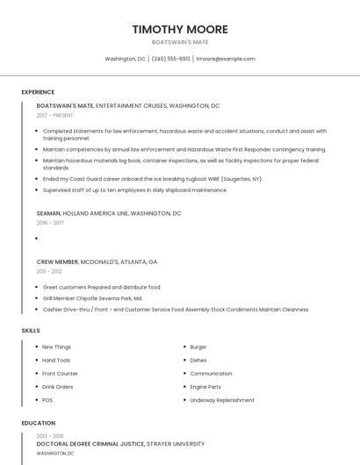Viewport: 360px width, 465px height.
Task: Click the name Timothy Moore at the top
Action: click(x=179, y=29)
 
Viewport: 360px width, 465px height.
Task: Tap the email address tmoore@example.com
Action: click(x=226, y=59)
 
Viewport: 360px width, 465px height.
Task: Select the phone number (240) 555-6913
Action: click(x=170, y=59)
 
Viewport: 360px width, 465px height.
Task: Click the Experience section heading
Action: click(x=38, y=92)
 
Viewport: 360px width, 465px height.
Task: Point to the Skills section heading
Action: click(x=31, y=331)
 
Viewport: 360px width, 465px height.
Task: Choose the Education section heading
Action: click(x=39, y=423)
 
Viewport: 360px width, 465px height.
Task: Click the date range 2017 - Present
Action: click(x=55, y=115)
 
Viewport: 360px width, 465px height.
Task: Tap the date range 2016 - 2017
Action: click(x=50, y=223)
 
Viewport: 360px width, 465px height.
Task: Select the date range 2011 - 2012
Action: click(x=49, y=271)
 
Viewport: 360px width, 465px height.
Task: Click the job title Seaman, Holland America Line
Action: click(x=109, y=213)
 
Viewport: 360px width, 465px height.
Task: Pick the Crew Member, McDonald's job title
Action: click(x=97, y=261)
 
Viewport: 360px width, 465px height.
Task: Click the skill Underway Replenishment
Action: click(x=222, y=400)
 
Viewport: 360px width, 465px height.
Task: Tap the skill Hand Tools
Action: click(x=56, y=360)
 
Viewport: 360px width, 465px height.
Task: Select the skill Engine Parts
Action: click(x=205, y=387)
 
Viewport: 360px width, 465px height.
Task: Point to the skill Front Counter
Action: click(x=60, y=374)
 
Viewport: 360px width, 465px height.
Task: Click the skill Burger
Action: click(x=198, y=347)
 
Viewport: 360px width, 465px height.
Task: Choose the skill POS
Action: click(x=47, y=400)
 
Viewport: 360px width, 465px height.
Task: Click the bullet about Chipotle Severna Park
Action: click(x=92, y=298)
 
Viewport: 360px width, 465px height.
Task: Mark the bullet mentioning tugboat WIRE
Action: click(x=153, y=178)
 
